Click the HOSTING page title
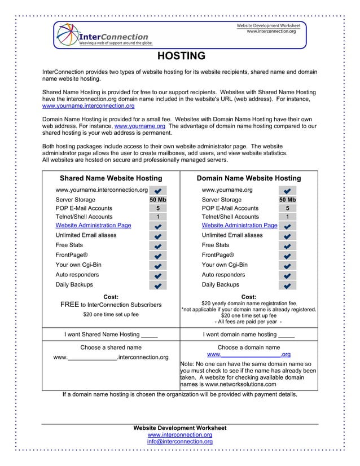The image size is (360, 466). pos(180,56)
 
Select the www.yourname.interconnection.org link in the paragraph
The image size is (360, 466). pos(89,105)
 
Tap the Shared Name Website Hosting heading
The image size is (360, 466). pos(111,178)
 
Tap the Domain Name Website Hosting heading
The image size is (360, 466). pos(248,178)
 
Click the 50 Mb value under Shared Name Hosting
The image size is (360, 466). pos(157,200)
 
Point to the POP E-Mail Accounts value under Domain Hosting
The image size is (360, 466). pos(287,208)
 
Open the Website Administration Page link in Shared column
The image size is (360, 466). pos(93,225)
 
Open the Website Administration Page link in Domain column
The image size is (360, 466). pos(239,225)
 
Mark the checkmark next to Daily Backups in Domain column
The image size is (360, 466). pos(287,285)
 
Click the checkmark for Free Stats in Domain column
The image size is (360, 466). pos(287,246)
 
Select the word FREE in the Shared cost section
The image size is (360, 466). pos(69,305)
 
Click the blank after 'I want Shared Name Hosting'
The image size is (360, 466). pos(149,335)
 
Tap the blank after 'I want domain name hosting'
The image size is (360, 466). pos(286,335)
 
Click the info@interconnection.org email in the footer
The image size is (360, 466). pos(179,442)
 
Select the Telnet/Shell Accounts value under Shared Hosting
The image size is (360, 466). pos(157,217)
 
